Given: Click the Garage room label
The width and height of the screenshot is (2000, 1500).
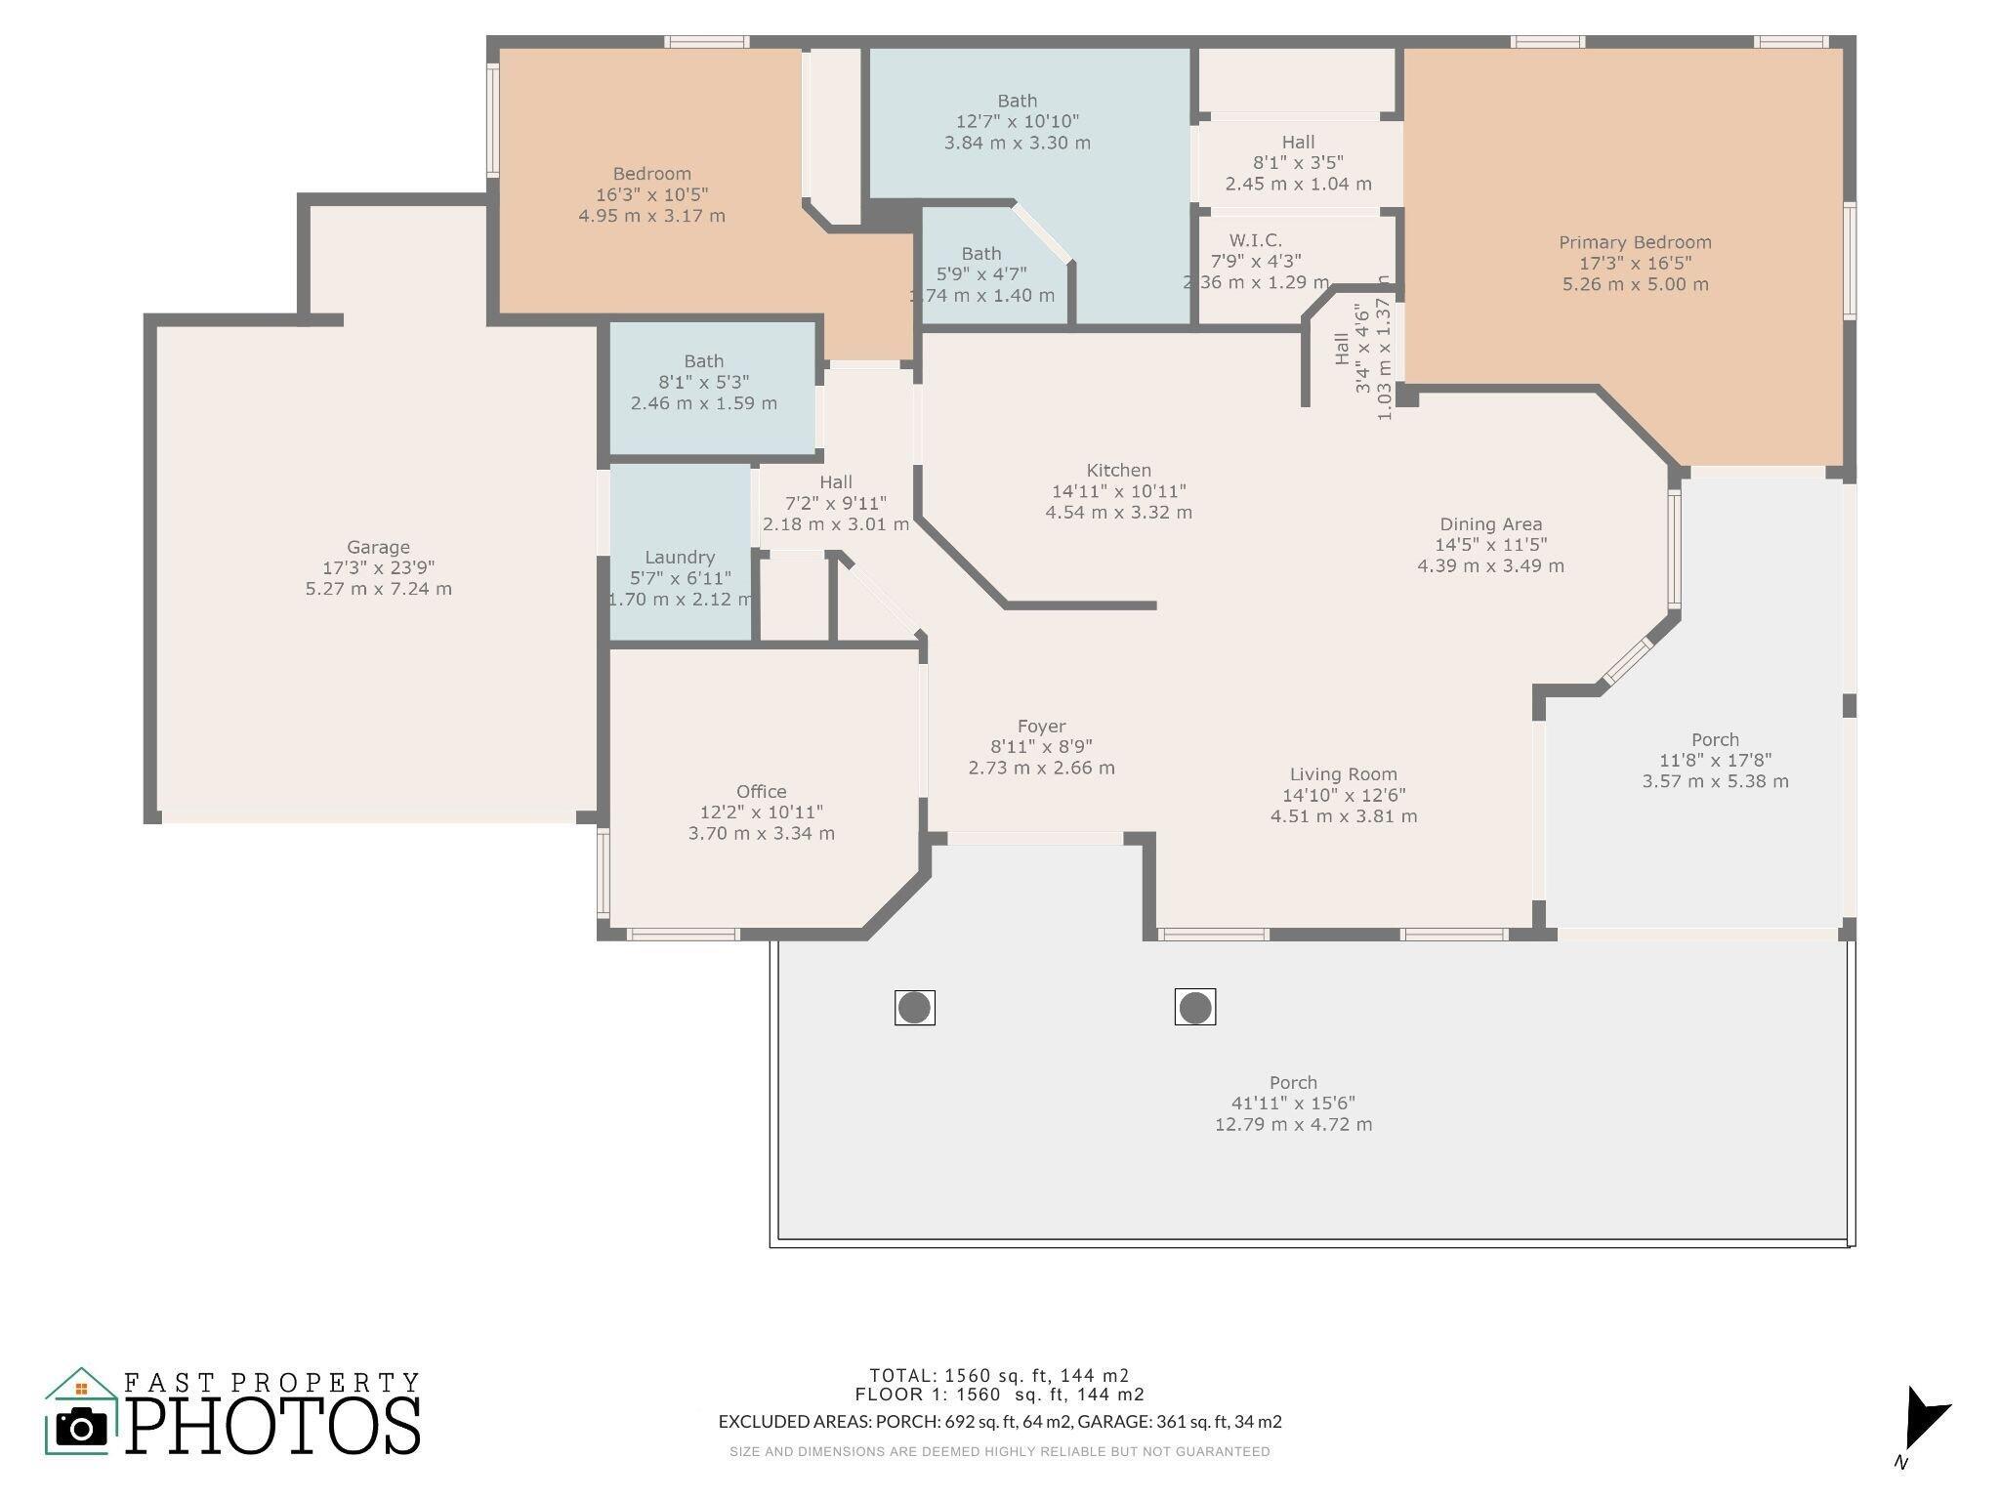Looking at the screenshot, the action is pyautogui.click(x=378, y=548).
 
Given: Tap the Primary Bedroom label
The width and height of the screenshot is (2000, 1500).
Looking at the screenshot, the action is pyautogui.click(x=1635, y=242).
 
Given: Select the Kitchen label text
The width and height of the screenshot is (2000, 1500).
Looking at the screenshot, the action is pyautogui.click(x=1118, y=470).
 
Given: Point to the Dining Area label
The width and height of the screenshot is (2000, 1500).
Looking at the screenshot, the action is pyautogui.click(x=1490, y=524).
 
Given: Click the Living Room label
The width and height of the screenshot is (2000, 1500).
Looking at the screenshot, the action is pyautogui.click(x=1343, y=774).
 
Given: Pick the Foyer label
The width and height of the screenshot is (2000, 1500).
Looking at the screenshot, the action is pyautogui.click(x=1041, y=727).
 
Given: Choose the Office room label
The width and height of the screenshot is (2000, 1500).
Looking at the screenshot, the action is pyautogui.click(x=761, y=792).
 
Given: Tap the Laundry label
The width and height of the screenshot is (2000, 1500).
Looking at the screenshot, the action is pyautogui.click(x=680, y=558).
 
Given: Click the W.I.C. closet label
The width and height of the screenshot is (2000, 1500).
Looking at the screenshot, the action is pyautogui.click(x=1255, y=240).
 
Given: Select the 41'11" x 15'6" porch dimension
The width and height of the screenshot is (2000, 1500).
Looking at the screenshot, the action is pyautogui.click(x=1293, y=1104).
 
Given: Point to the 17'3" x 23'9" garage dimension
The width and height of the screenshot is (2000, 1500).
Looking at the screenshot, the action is pyautogui.click(x=378, y=568).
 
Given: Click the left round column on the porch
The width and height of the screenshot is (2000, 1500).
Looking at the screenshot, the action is pyautogui.click(x=914, y=1008).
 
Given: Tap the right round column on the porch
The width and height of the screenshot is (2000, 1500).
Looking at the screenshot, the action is pyautogui.click(x=1194, y=1008).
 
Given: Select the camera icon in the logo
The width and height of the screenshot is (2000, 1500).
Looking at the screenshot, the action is pyautogui.click(x=81, y=1428).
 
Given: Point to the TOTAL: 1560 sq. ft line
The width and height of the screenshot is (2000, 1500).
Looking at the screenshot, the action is pyautogui.click(x=999, y=1376).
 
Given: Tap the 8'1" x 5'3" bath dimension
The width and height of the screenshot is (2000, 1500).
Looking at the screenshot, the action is pyautogui.click(x=703, y=382).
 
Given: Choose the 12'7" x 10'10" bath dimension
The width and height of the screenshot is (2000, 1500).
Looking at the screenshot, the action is pyautogui.click(x=1017, y=122).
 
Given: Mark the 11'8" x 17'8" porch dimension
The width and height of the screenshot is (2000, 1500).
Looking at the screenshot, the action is pyautogui.click(x=1715, y=761).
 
